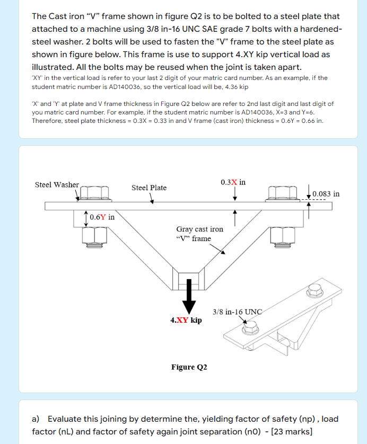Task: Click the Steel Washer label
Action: coord(57,185)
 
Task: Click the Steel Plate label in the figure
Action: coord(149,188)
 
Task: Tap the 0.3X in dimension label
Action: coord(233,182)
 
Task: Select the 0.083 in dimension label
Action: coord(326,194)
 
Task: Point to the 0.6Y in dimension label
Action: coord(102,217)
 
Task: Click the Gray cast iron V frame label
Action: coord(199,234)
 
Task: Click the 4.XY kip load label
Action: coord(186,320)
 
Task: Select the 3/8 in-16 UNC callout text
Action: coord(237,312)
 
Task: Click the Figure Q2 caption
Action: coord(189,367)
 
